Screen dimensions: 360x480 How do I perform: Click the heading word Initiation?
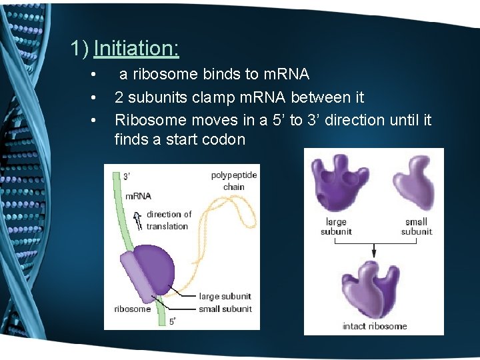coord(136,48)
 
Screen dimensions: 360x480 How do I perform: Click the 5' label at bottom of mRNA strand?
coord(173,321)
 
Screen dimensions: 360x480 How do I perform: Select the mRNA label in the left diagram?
coord(139,196)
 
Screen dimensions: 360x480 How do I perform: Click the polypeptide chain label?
coord(233,181)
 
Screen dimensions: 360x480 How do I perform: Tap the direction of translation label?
coord(169,220)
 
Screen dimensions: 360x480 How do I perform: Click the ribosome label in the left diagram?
coord(132,309)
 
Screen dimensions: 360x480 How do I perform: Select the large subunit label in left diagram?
coord(225,296)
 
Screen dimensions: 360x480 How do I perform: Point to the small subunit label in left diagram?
coord(225,309)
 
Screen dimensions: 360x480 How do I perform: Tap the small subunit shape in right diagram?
coord(414,181)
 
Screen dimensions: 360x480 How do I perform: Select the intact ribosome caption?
coord(375,326)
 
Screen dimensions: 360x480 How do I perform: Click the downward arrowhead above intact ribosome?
coord(375,254)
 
